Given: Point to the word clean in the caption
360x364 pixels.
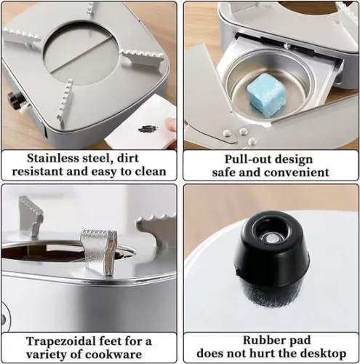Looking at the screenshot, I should coord(149,173).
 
